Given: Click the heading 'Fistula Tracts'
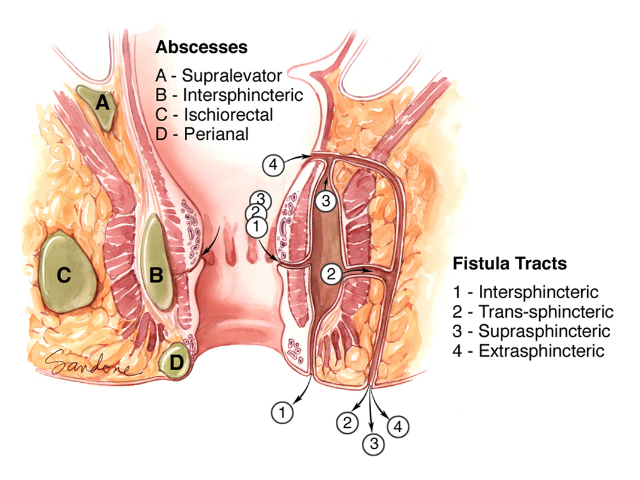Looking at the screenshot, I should [510, 263].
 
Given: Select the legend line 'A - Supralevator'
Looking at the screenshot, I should [218, 76].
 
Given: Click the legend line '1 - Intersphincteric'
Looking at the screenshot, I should [526, 292].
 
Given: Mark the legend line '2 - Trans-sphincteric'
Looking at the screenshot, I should [533, 311].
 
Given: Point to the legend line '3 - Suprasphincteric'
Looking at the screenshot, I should [532, 331].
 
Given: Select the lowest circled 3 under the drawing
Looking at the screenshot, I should [374, 445].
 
